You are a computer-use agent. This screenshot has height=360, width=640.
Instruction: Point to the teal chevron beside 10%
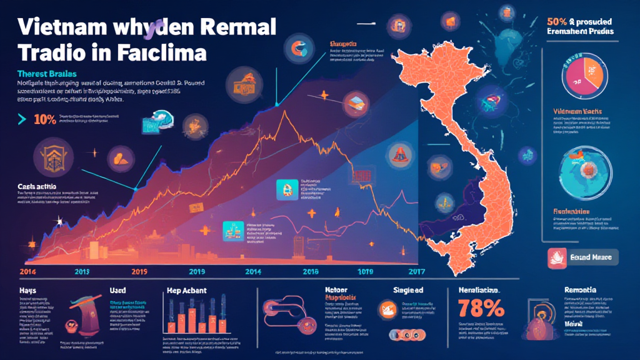pyautogui.click(x=22, y=117)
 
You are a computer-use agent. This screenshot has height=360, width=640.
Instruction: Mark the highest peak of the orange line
pyautogui.click(x=284, y=111)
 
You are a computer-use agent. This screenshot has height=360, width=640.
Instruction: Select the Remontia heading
pyautogui.click(x=579, y=290)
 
